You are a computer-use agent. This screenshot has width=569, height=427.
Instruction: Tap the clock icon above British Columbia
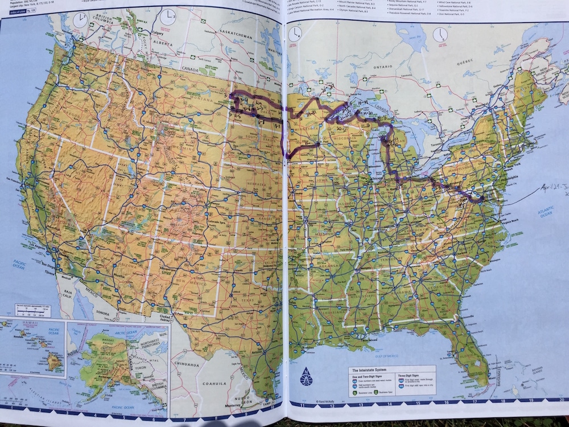pyautogui.click(x=81, y=20)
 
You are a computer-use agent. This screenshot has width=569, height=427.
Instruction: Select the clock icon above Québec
pyautogui.click(x=439, y=35)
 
